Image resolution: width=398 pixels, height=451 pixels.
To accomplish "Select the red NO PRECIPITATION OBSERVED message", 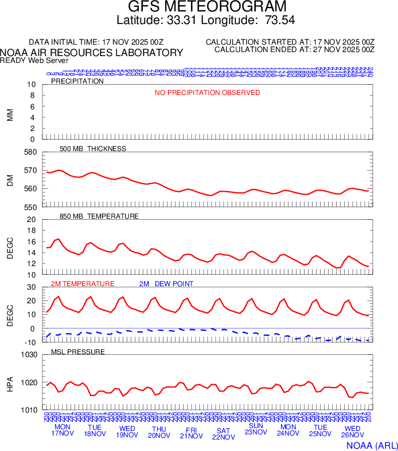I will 207,93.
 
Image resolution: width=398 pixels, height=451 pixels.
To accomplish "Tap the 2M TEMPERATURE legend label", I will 83,284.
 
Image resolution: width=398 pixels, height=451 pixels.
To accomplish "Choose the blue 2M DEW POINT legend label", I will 166,284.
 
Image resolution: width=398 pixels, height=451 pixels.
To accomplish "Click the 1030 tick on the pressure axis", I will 28,355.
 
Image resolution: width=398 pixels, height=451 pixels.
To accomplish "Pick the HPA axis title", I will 10,382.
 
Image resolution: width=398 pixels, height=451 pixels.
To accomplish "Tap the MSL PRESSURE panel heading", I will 78,351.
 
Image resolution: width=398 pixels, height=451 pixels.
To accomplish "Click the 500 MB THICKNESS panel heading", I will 93,149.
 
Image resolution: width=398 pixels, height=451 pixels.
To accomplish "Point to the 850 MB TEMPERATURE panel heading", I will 99,216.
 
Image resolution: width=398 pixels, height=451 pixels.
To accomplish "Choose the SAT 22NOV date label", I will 224,433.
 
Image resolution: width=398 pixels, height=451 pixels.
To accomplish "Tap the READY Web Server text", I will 34,60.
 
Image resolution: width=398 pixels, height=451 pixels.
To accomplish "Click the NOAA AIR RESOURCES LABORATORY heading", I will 92,53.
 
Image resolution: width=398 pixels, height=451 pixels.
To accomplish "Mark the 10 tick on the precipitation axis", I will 32,85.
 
